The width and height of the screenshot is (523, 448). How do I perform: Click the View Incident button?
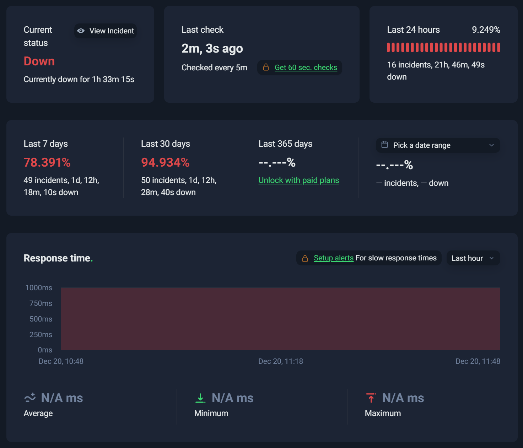pos(105,31)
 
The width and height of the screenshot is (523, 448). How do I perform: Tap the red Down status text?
pos(39,61)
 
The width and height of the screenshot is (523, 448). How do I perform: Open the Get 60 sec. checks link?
pos(306,68)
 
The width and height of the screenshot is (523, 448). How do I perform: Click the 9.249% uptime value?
pos(486,29)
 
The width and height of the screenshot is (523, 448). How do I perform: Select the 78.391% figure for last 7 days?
pos(47,162)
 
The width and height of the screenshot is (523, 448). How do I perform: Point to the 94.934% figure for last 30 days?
pos(165,162)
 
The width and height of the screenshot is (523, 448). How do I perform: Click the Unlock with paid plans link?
pos(298,180)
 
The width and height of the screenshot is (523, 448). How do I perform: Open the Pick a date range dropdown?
pos(438,145)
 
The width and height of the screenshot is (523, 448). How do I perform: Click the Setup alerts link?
pos(334,258)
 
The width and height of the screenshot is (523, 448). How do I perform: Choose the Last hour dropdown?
pos(473,258)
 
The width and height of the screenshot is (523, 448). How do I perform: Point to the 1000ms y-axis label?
pos(39,288)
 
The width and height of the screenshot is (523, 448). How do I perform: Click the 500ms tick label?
pos(41,319)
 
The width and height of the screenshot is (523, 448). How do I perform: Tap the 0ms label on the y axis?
pos(45,350)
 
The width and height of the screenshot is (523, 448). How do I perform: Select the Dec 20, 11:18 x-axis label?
pos(280,361)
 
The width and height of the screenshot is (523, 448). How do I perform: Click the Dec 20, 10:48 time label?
pos(61,361)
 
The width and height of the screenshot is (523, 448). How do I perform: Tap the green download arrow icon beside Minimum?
pos(200,398)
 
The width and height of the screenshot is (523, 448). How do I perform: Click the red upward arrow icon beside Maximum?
pos(371,398)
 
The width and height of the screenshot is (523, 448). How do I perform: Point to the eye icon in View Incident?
pos(81,31)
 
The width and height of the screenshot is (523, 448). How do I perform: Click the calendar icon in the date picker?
pos(384,145)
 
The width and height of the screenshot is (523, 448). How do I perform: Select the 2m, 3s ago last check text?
pos(212,49)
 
